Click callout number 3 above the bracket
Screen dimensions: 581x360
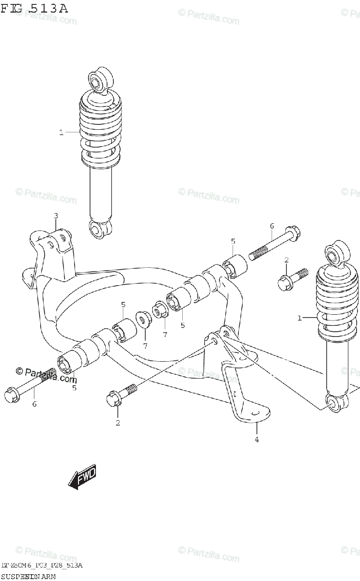56,215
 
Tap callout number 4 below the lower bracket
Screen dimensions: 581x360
257,439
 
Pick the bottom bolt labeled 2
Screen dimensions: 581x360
121,396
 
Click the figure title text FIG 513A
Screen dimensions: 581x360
34,8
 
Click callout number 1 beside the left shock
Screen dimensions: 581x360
61,132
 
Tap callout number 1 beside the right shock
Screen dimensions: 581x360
299,318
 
